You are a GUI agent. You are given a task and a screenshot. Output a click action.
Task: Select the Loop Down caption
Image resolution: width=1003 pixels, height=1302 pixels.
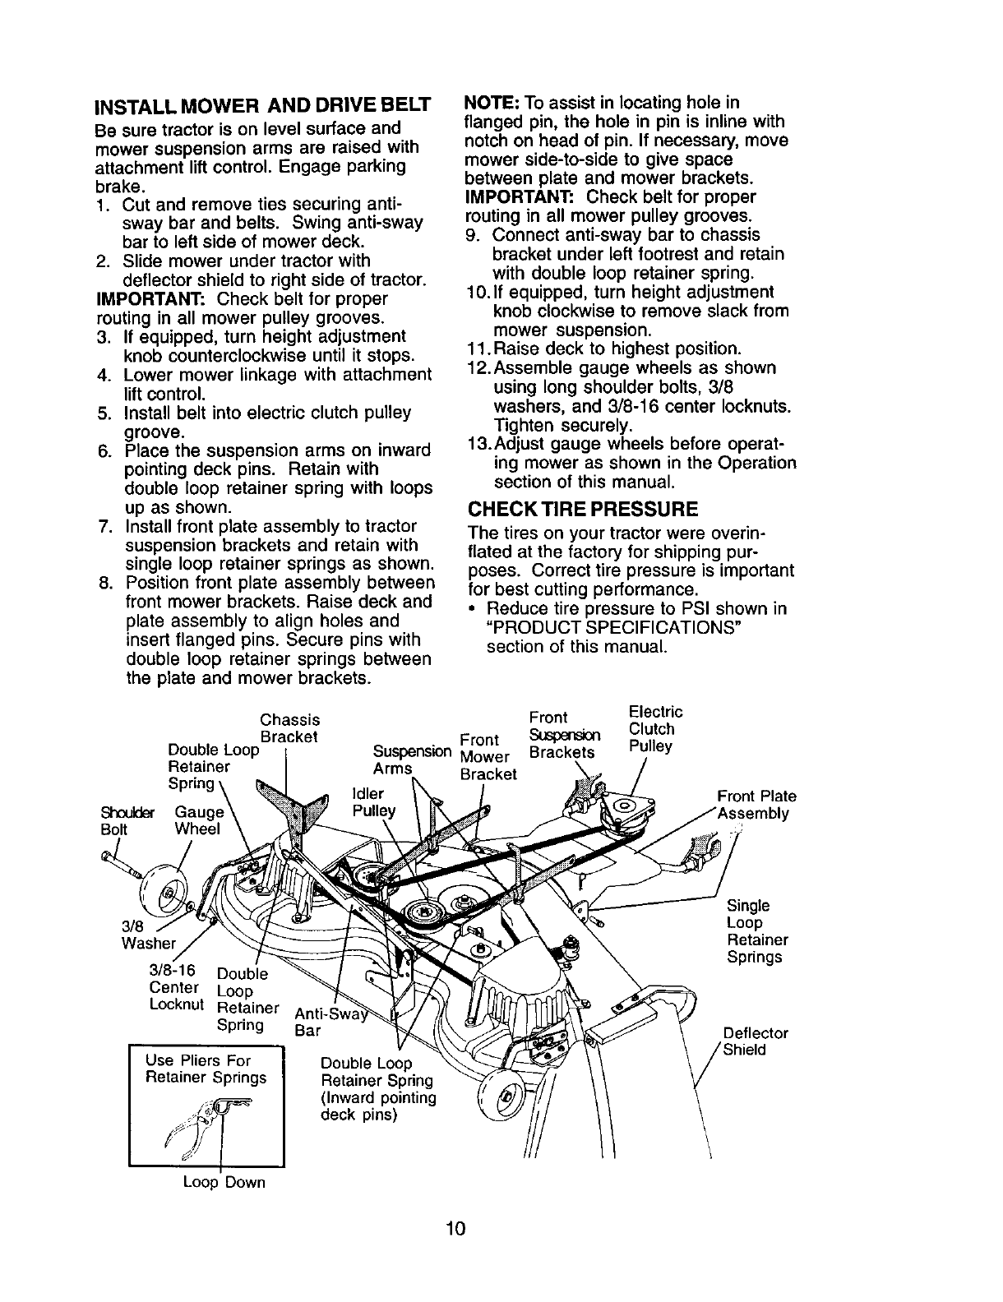tap(224, 1183)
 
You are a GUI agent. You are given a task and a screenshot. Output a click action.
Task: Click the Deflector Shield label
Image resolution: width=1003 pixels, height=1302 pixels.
tap(756, 1041)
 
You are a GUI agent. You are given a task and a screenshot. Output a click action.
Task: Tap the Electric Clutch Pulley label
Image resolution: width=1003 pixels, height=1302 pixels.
tap(655, 729)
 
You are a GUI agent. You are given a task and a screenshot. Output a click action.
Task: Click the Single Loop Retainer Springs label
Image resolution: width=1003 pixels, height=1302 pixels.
tap(757, 931)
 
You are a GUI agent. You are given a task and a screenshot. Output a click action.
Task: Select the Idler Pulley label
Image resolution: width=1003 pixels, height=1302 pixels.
tap(372, 803)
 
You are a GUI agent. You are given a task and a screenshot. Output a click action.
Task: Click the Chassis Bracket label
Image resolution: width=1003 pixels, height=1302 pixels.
tap(289, 728)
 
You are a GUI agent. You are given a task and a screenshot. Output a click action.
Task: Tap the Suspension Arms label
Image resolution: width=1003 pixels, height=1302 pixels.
tap(411, 759)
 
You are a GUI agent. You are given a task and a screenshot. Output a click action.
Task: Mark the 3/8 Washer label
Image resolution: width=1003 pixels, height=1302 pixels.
tap(148, 934)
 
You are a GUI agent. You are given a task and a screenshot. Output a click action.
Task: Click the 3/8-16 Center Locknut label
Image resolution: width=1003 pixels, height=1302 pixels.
tap(174, 987)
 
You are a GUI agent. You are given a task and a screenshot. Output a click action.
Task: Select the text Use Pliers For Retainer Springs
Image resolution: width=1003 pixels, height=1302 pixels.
tap(206, 1069)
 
